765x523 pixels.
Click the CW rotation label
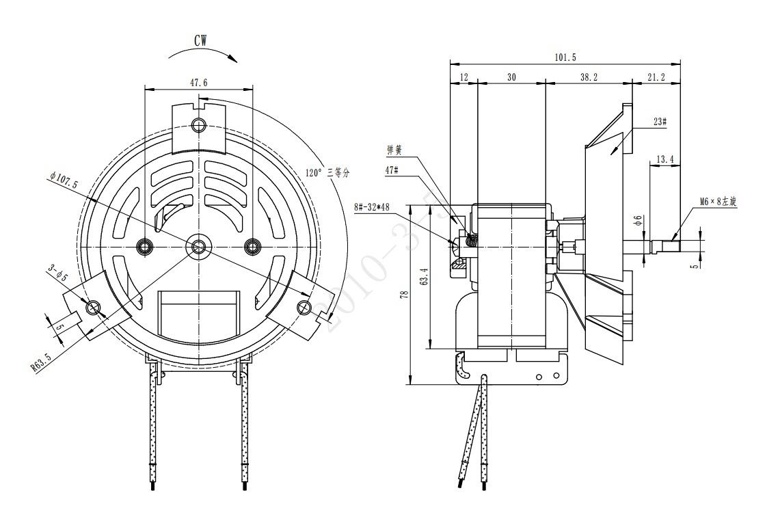(x=200, y=41)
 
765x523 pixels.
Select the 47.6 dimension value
(x=199, y=82)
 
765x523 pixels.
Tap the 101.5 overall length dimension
(x=566, y=57)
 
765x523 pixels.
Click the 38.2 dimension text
(x=589, y=78)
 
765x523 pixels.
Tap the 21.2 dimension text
(x=655, y=78)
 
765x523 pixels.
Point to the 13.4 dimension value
(x=665, y=159)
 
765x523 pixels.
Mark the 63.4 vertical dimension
(x=424, y=277)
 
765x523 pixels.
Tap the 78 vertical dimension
(x=404, y=295)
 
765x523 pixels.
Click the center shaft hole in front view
(x=199, y=245)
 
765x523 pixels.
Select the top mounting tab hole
(x=199, y=125)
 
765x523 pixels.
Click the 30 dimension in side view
(x=511, y=78)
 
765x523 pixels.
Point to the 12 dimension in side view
(x=464, y=78)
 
